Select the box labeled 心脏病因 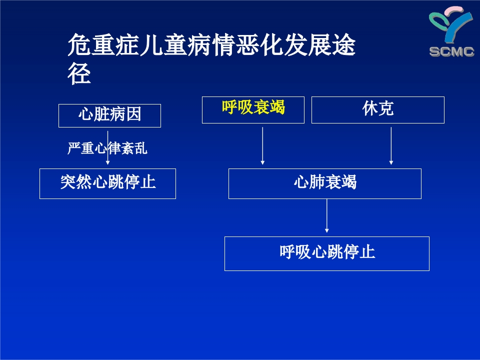(x=109, y=115)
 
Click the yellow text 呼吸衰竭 (x=253, y=107)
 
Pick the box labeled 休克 (x=378, y=109)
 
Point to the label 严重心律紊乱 (x=107, y=148)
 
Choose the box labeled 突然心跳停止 (x=107, y=183)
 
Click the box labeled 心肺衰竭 (x=325, y=183)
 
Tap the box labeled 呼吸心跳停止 (x=327, y=253)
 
